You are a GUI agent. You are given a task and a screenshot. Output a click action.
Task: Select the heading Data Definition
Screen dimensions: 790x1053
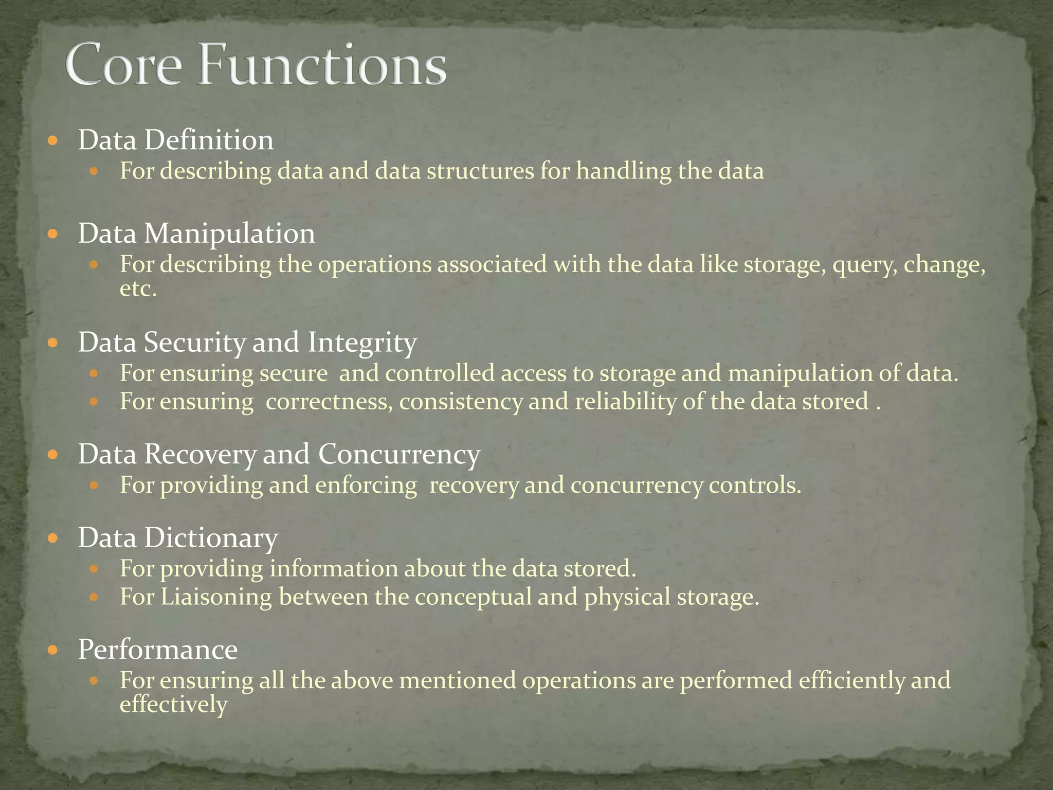click(175, 140)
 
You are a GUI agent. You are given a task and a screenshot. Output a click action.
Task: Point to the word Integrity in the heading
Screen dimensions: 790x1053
click(362, 343)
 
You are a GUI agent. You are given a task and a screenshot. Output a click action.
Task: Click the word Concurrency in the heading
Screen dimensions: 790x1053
click(399, 455)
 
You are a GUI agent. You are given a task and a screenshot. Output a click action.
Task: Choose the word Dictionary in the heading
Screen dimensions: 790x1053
click(211, 538)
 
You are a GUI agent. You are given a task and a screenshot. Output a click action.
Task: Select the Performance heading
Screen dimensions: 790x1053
click(157, 649)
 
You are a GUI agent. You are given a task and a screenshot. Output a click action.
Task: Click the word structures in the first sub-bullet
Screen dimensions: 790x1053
click(480, 171)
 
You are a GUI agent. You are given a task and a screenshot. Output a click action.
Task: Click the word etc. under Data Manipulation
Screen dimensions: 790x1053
click(138, 289)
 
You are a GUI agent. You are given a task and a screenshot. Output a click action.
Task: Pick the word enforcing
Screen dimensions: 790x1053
click(366, 486)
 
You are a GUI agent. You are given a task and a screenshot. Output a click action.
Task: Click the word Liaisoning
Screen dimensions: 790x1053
click(216, 597)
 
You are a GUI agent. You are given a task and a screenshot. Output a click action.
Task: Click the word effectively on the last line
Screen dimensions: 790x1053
click(173, 705)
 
